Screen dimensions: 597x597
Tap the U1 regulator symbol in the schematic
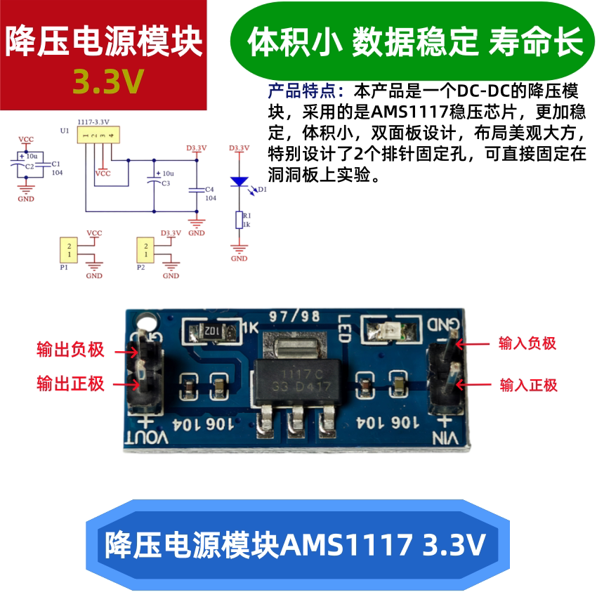tap(98, 135)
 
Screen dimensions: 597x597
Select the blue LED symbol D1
tap(240, 181)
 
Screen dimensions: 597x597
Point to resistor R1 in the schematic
tap(240, 220)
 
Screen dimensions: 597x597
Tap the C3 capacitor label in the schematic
tap(166, 183)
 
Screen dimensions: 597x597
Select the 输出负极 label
tap(70, 350)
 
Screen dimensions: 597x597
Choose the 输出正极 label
tap(70, 383)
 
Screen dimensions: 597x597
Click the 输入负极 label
tap(527, 343)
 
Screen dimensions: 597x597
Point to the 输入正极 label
tap(528, 385)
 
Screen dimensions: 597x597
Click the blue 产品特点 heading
tap(307, 91)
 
